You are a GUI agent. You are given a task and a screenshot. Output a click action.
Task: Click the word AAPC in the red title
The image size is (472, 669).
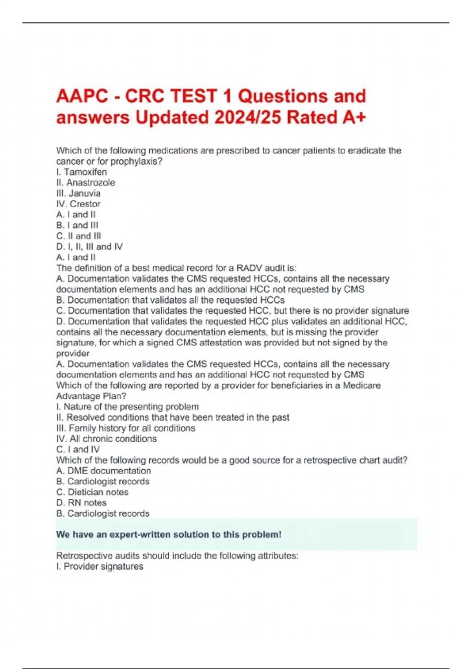pos(82,96)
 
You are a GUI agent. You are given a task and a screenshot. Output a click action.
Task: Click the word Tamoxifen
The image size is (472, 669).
pos(85,172)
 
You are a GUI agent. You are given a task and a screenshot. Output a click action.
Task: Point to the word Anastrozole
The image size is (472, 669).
pos(90,183)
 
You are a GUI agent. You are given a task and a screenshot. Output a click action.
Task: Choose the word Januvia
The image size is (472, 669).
pos(85,193)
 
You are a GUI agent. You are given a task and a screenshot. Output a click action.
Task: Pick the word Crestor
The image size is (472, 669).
pos(85,204)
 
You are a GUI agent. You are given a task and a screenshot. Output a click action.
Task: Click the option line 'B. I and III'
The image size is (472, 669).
pos(77,225)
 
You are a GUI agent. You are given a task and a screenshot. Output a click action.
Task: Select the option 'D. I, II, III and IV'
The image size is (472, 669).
pos(89,247)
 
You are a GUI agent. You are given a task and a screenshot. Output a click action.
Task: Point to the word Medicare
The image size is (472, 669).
pos(361,385)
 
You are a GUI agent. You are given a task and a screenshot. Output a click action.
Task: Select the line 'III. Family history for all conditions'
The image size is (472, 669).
pos(125,428)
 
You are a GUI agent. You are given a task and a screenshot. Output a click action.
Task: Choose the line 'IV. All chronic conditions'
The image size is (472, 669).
pos(106,439)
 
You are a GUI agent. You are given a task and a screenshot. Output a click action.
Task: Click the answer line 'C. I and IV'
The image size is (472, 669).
pos(78,449)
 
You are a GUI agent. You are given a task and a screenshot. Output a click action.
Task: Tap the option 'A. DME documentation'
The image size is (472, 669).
pos(103,471)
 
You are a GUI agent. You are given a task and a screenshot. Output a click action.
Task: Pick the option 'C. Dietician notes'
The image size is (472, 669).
pos(92,492)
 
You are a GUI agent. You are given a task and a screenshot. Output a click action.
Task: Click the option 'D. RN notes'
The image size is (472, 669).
pos(81,503)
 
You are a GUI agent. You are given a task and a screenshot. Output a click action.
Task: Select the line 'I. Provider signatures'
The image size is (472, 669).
pos(100,566)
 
